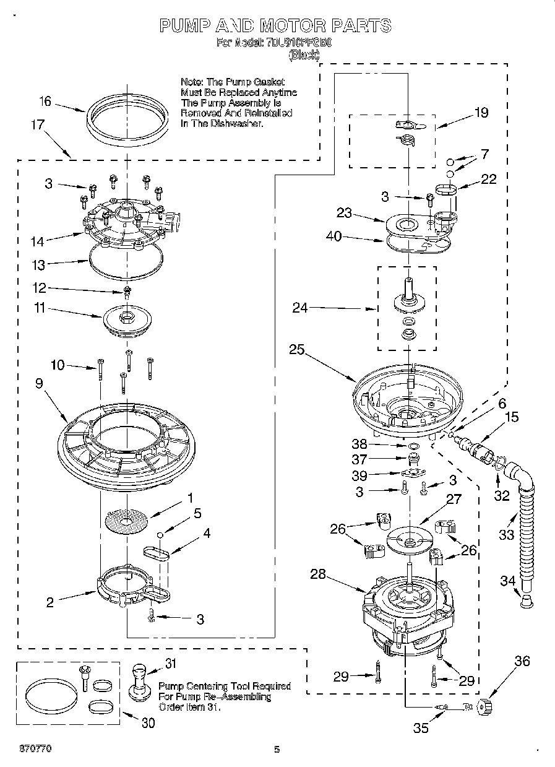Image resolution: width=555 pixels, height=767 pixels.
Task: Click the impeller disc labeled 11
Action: tap(128, 320)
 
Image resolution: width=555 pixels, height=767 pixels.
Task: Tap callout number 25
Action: tap(296, 349)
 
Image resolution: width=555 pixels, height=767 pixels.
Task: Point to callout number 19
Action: tap(481, 112)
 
